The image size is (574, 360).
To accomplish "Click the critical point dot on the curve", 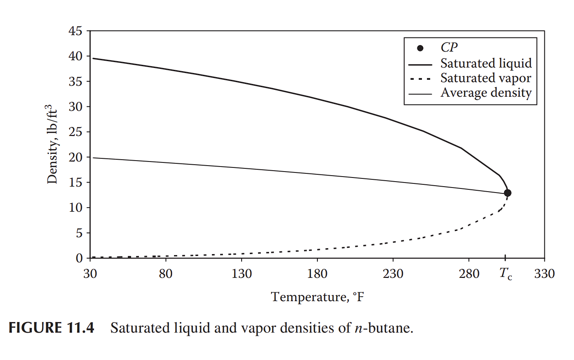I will tap(507, 193).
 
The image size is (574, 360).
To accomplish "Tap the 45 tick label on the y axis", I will tap(75, 31).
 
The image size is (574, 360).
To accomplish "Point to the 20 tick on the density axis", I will tap(75, 157).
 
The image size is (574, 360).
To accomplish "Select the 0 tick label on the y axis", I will tap(79, 259).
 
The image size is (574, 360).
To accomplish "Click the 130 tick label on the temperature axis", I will tap(242, 274).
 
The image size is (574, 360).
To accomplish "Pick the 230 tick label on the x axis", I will tap(393, 274).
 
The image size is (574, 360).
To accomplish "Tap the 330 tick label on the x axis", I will tap(545, 274).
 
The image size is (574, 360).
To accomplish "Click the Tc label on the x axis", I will tap(506, 274).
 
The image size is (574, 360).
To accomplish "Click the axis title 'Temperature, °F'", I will tap(318, 297).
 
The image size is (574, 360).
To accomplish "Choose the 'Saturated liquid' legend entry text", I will tap(486, 63).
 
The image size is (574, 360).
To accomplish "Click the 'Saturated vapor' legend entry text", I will tap(486, 78).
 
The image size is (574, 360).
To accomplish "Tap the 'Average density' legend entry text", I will tap(486, 94).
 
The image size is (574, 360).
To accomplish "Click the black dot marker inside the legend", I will tap(421, 48).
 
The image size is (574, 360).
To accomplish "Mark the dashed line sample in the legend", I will tap(421, 79).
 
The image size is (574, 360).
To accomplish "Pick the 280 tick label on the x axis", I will tap(469, 274).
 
